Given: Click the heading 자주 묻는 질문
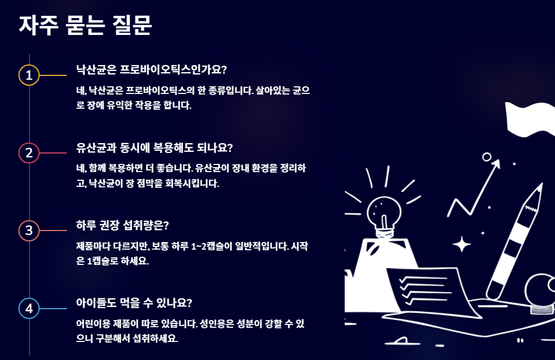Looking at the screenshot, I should [x=85, y=25].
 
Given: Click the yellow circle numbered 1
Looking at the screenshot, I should [x=29, y=75].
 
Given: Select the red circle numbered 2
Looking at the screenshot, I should [x=29, y=153].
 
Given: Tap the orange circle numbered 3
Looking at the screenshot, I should [x=29, y=231].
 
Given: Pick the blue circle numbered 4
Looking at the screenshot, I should [x=29, y=309].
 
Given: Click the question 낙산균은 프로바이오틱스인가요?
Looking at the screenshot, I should [x=151, y=69].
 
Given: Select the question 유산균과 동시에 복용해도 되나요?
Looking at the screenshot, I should [x=155, y=147].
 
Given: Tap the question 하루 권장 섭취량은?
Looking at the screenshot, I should [x=123, y=226].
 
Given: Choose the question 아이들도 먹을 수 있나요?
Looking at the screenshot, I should [x=134, y=303].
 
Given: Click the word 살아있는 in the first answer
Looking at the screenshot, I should [x=273, y=90].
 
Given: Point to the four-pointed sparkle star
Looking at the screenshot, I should [x=462, y=244].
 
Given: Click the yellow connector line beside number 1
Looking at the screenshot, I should [x=53, y=75].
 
